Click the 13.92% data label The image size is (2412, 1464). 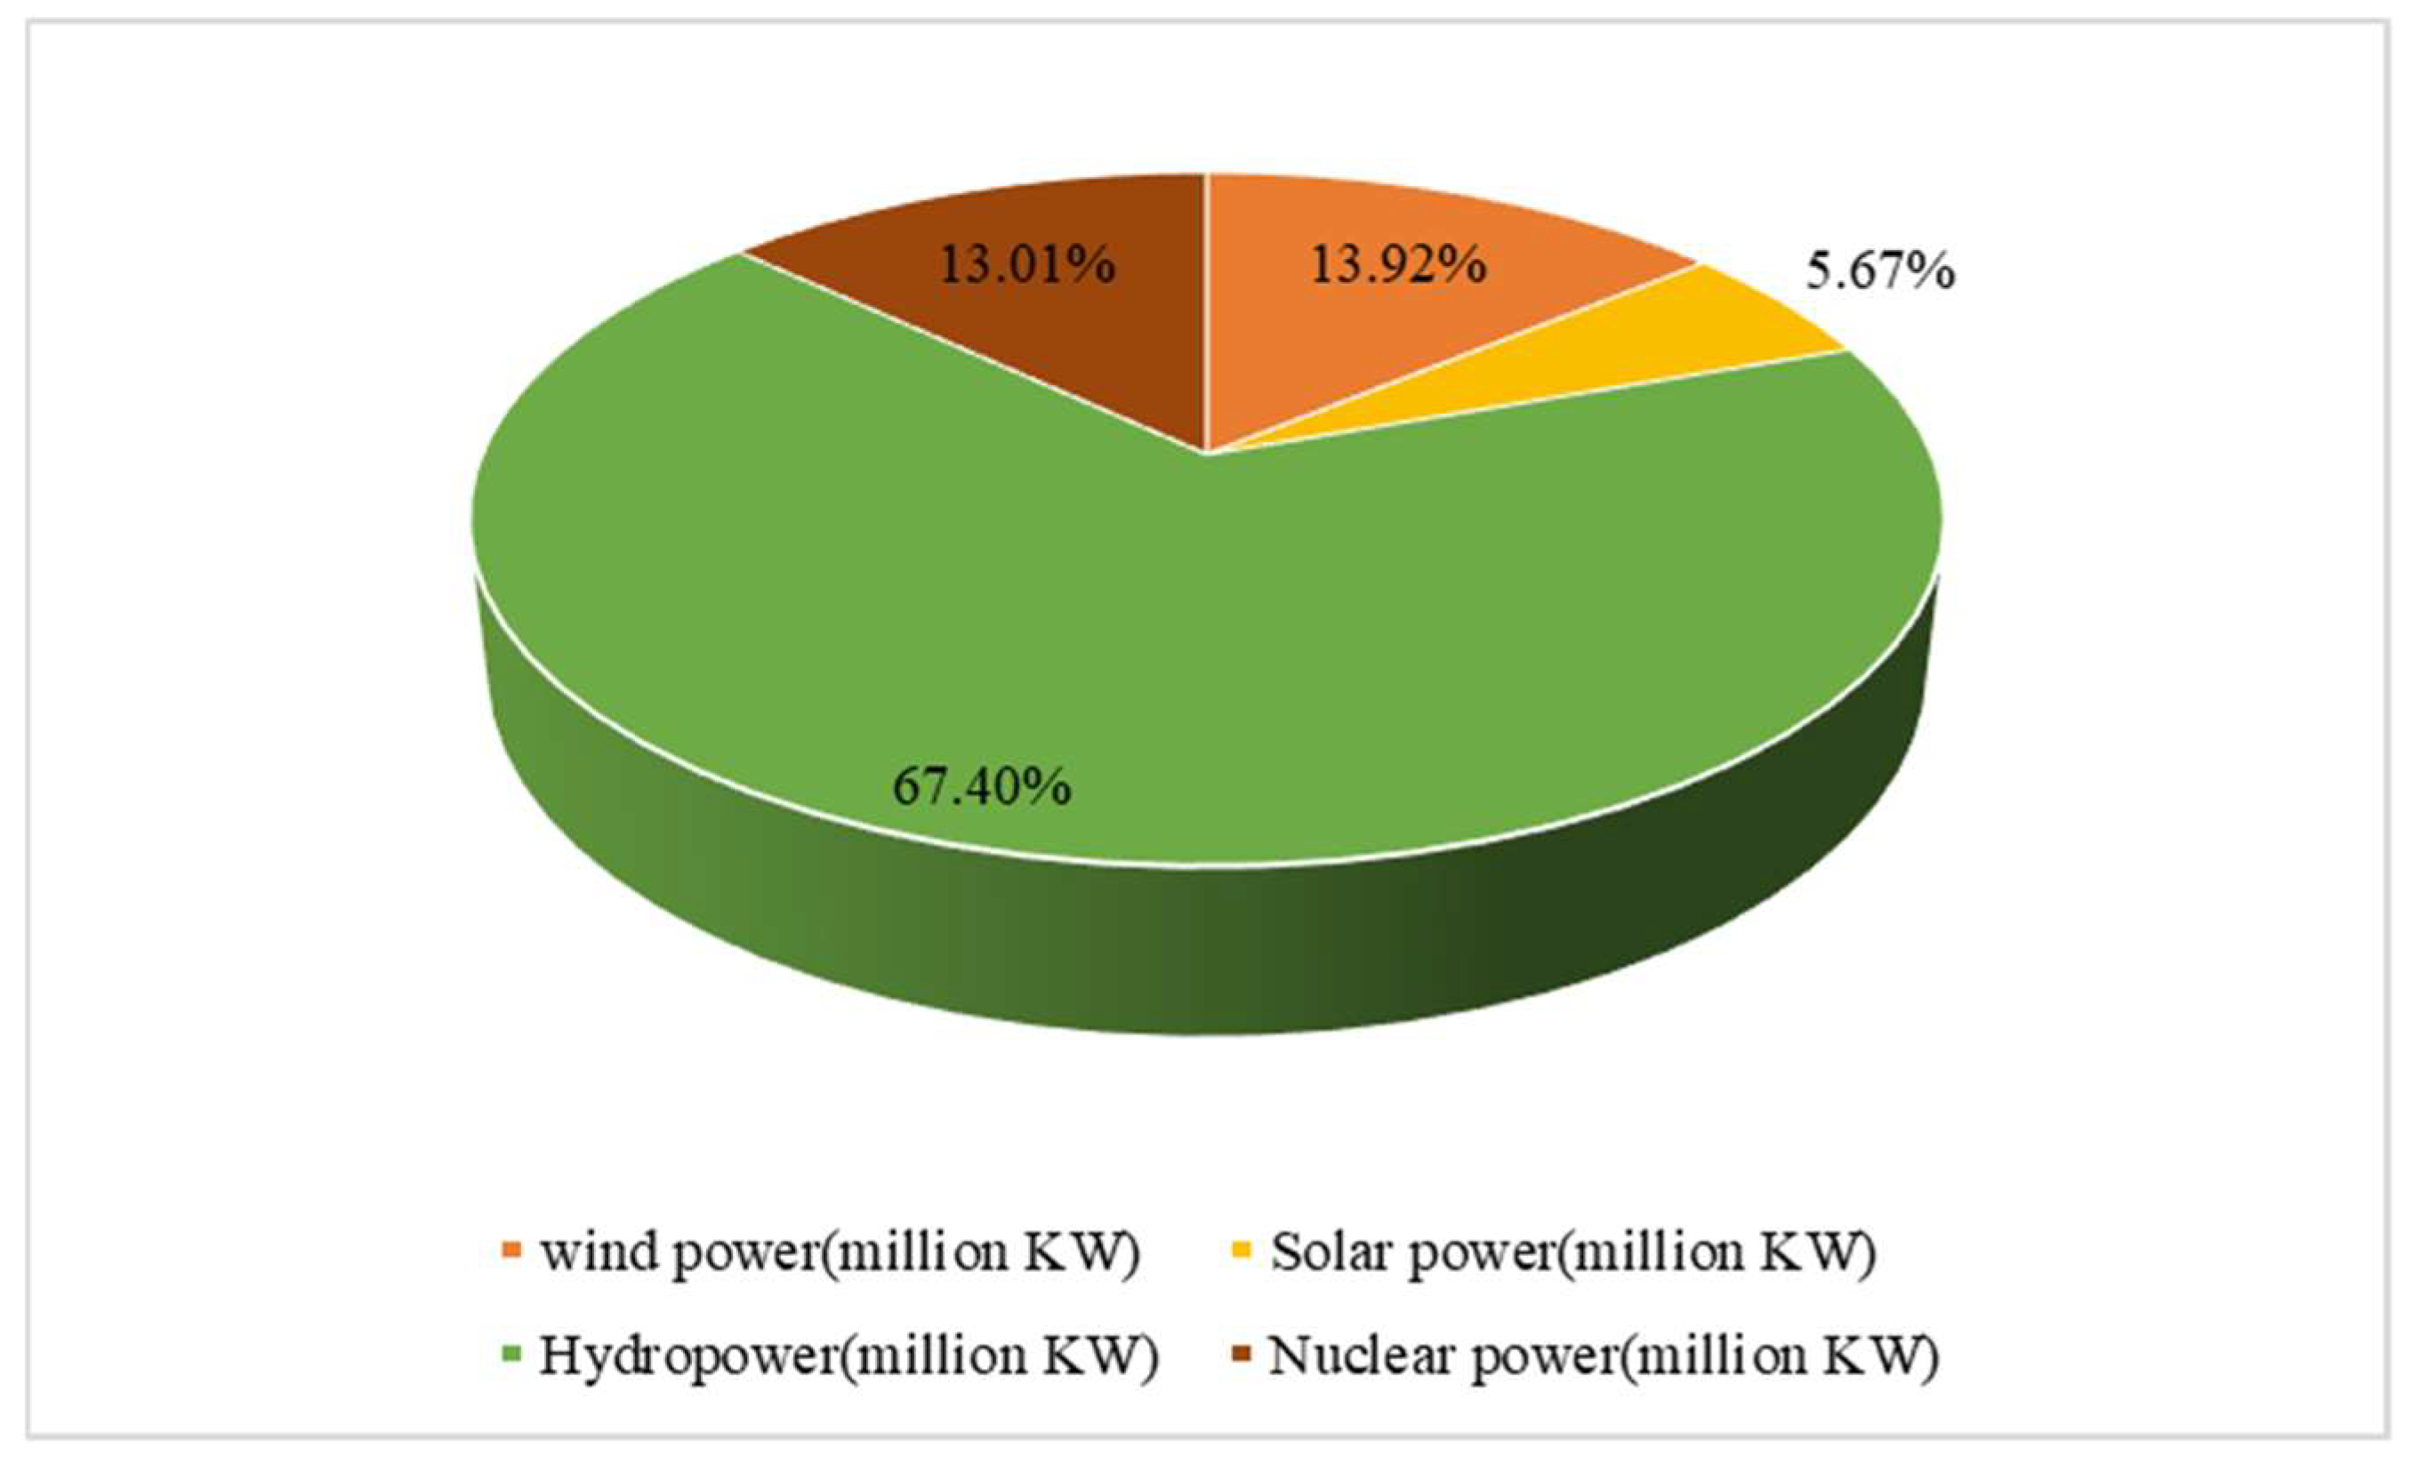[1398, 265]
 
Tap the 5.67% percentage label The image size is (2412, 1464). [1879, 272]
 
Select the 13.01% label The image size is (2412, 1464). [1027, 265]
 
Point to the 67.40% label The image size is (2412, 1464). [982, 786]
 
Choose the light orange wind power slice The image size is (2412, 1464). [1371, 333]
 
